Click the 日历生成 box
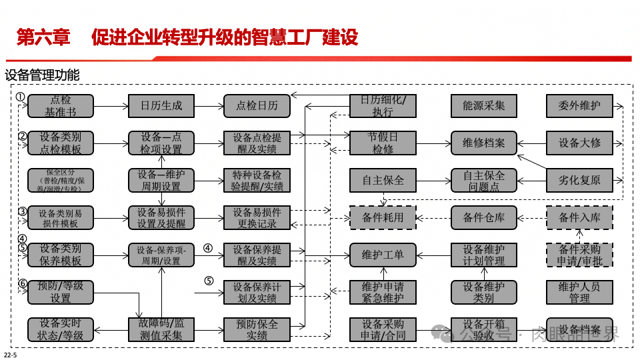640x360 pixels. click(161, 105)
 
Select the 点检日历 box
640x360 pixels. click(257, 105)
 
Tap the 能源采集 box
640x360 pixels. click(483, 105)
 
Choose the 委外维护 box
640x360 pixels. click(579, 105)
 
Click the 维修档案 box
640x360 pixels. click(483, 143)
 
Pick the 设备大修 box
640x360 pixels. click(579, 143)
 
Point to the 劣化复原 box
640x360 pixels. click(579, 180)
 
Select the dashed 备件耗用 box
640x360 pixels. click(383, 217)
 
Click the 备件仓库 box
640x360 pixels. click(483, 217)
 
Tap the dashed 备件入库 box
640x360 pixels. click(579, 217)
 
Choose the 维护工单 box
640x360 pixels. click(383, 255)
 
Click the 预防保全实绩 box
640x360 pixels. click(257, 330)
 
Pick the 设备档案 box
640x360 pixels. click(579, 330)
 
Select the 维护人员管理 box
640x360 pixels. click(579, 292)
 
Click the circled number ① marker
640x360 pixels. click(21, 97)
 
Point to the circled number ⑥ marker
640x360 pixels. click(22, 284)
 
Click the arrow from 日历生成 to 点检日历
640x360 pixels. click(208, 105)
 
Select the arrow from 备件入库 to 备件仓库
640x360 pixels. click(531, 217)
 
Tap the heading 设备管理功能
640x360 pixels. click(41, 75)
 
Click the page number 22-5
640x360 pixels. click(11, 353)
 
